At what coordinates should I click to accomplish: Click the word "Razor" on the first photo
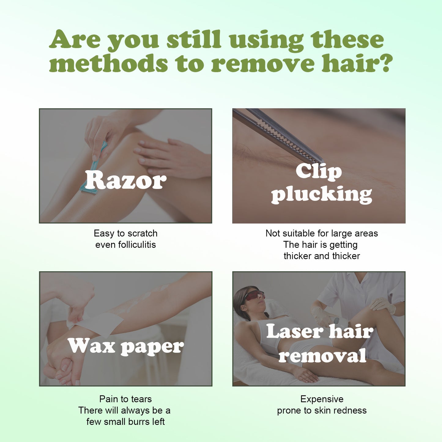(x=126, y=180)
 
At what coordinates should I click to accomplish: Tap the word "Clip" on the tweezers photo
(x=318, y=171)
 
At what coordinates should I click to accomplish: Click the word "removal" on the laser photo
(x=322, y=355)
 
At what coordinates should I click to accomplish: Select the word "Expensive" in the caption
(x=322, y=399)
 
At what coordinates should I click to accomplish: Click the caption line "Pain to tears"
(x=125, y=399)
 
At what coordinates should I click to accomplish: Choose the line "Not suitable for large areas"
(x=321, y=233)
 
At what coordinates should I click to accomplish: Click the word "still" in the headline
(x=194, y=39)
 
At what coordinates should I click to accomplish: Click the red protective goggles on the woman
(x=254, y=295)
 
